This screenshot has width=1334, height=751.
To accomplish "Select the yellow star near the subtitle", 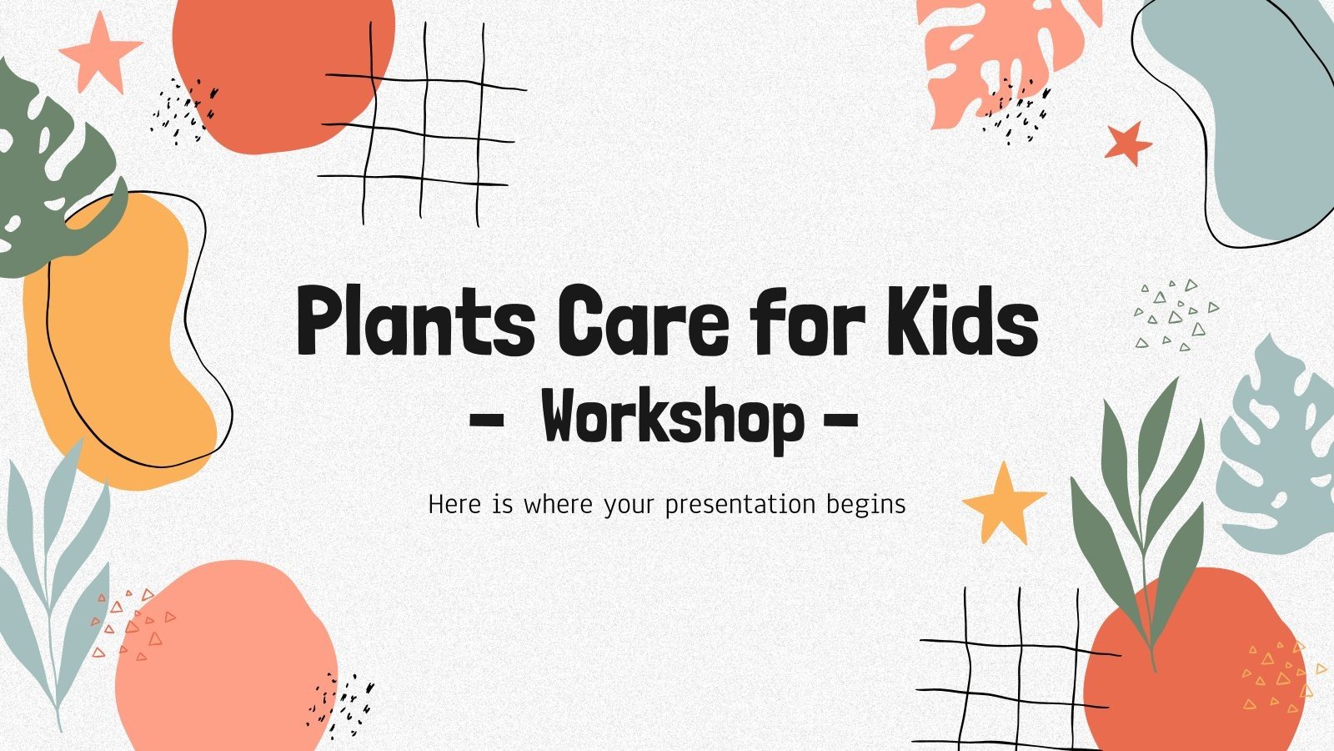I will click(1003, 501).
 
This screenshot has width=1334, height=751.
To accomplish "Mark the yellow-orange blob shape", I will click(117, 350).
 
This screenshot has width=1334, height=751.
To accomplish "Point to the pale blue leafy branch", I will click(54, 576).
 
